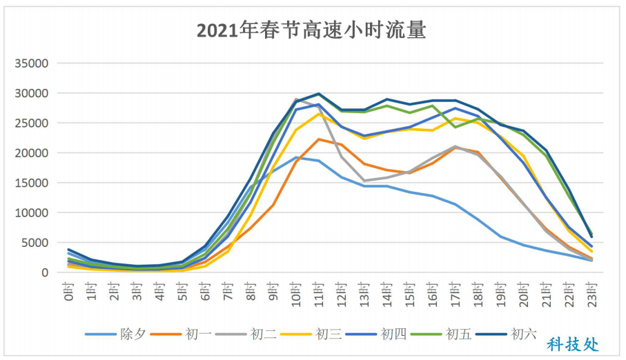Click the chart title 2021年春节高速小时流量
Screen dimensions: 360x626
pos(311,30)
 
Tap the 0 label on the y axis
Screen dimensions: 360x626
pos(44,273)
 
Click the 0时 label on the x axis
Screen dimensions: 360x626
pos(68,290)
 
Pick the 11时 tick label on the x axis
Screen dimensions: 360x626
pos(318,292)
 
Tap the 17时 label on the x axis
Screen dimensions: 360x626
pos(455,292)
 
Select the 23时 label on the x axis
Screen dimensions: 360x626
pos(591,292)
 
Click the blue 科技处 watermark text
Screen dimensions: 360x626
pos(573,343)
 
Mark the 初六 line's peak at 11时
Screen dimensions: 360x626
pos(318,94)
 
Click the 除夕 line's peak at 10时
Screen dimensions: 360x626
pos(295,157)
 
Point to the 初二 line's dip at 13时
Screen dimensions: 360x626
pos(364,181)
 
